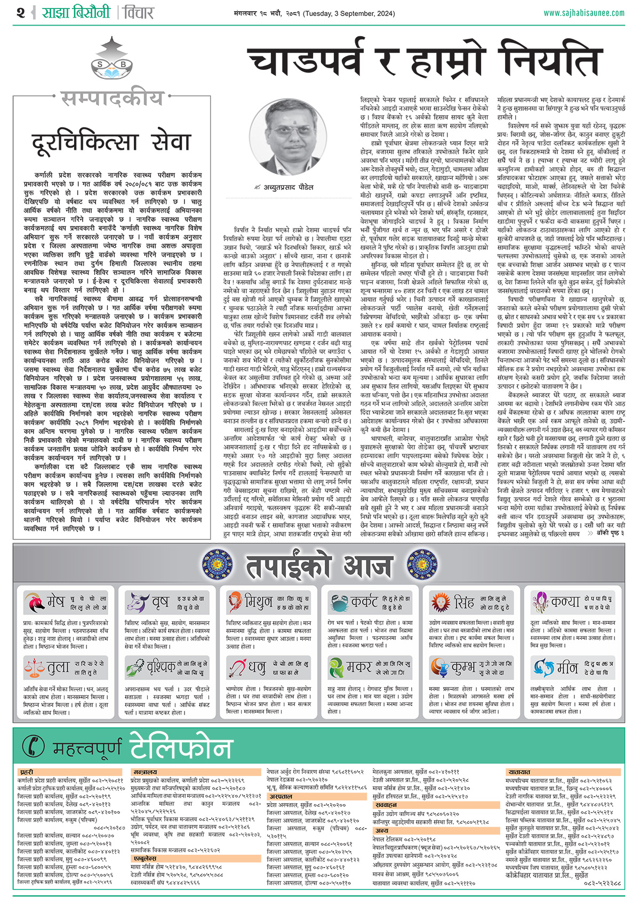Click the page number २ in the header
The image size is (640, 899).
(x=21, y=12)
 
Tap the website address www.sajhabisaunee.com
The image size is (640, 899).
(x=584, y=13)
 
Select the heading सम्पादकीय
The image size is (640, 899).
(x=112, y=98)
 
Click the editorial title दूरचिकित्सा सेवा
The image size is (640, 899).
(x=111, y=143)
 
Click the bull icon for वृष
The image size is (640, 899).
(x=138, y=602)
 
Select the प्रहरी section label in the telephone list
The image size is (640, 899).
(x=27, y=772)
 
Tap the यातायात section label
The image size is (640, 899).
(x=519, y=772)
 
